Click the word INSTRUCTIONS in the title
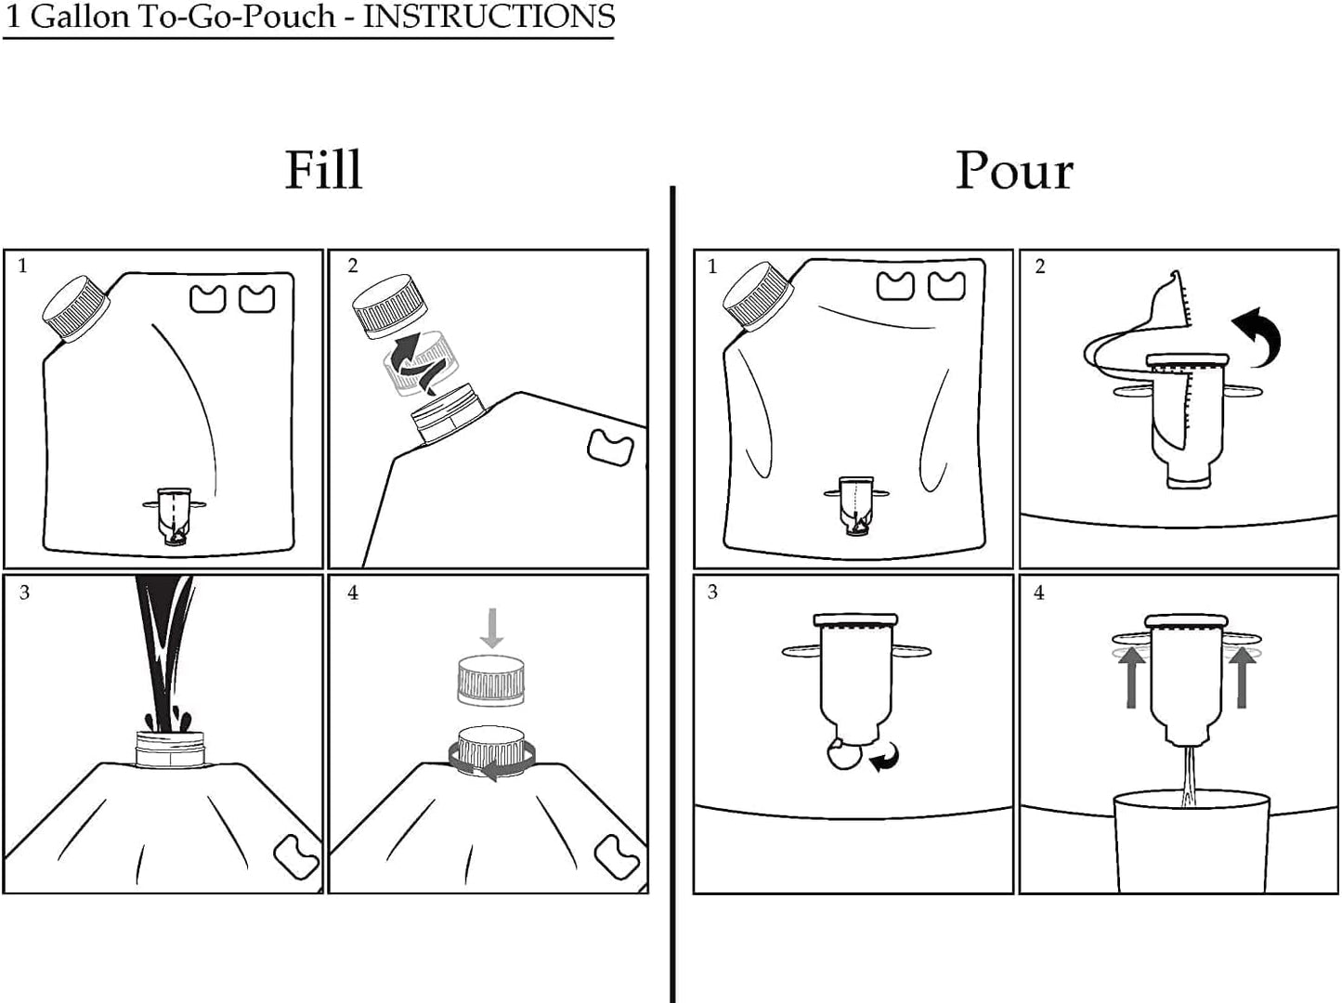489,17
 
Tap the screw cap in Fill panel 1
76,308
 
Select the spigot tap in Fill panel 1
175,515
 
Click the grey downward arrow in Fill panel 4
491,628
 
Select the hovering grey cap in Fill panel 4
491,680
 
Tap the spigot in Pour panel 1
856,505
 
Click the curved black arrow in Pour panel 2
1259,337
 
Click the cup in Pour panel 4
1191,842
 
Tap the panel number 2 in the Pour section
1040,267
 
